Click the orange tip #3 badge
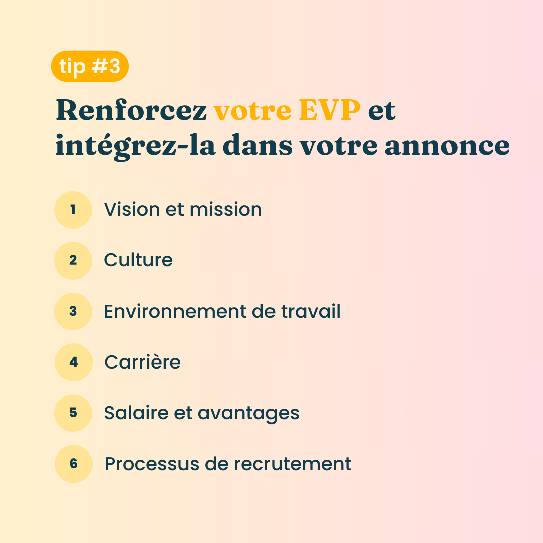(x=89, y=66)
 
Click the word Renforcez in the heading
(x=131, y=110)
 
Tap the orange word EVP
(x=329, y=110)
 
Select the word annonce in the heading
(x=447, y=145)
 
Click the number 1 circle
(x=73, y=210)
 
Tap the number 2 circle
(x=73, y=260)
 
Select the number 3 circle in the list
(x=73, y=311)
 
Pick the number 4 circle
(x=74, y=362)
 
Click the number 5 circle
(x=73, y=413)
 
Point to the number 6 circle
(x=74, y=464)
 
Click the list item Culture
(x=138, y=260)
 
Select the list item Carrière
(x=142, y=362)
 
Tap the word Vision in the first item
(x=132, y=209)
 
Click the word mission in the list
(x=225, y=209)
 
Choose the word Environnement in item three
(x=175, y=311)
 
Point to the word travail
(x=311, y=311)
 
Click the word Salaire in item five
(x=136, y=413)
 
